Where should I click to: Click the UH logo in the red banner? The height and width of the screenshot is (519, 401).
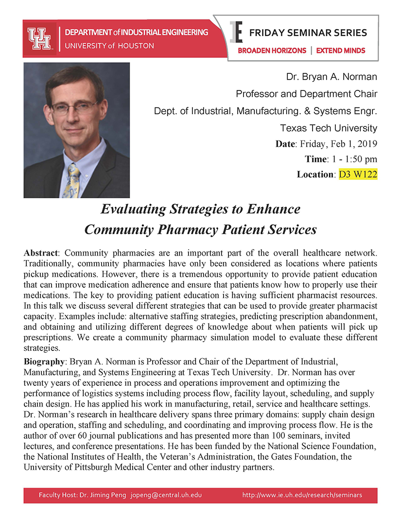39,38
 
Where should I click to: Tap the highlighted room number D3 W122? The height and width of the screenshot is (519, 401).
358,173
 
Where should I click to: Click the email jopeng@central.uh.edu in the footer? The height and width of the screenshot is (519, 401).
166,495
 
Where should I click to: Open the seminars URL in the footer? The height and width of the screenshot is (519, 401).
302,495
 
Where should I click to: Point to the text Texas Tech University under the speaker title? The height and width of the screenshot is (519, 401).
329,128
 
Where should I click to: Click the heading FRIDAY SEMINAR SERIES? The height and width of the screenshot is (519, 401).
308,33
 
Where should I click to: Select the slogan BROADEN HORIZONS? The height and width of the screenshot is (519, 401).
272,50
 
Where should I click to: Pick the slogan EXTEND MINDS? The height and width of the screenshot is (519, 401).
341,50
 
